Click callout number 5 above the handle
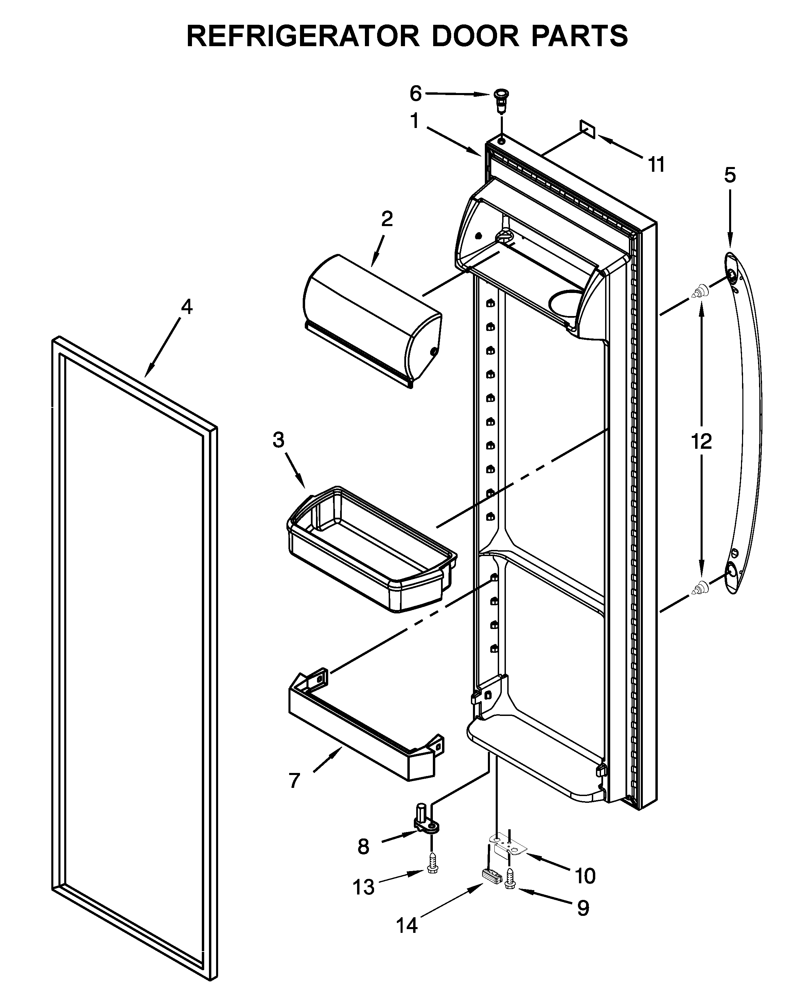[730, 176]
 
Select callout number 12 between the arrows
[701, 441]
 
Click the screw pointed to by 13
[432, 869]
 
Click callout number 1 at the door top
[415, 122]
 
